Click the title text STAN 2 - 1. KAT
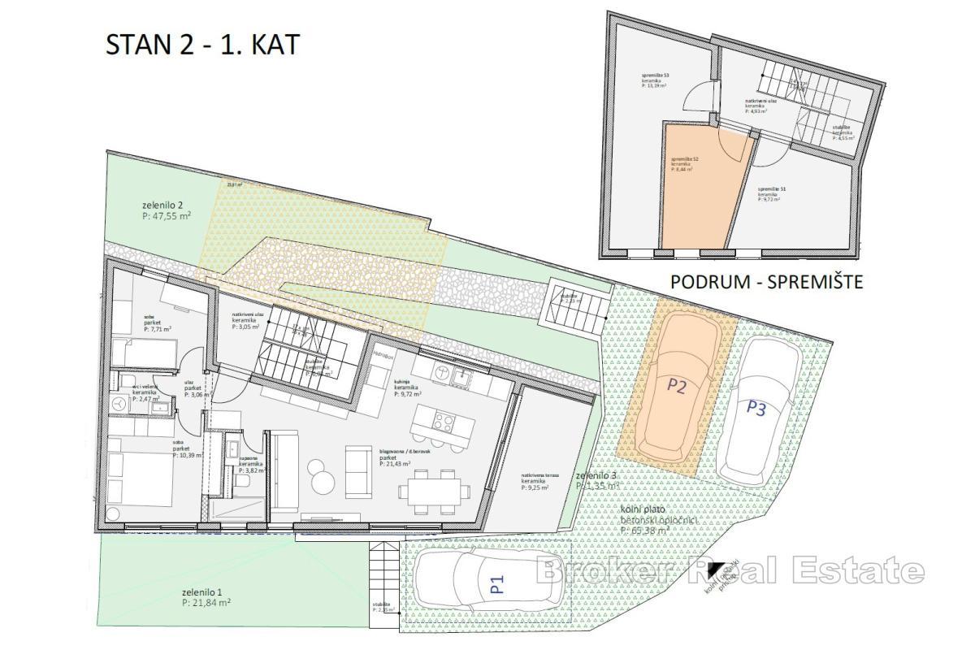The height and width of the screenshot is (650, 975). [202, 45]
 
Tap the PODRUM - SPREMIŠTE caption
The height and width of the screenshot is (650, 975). [765, 282]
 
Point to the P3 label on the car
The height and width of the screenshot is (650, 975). [756, 407]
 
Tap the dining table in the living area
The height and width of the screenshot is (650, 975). [434, 489]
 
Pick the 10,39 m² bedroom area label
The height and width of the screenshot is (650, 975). [186, 449]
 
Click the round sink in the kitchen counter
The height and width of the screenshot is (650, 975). [443, 371]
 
